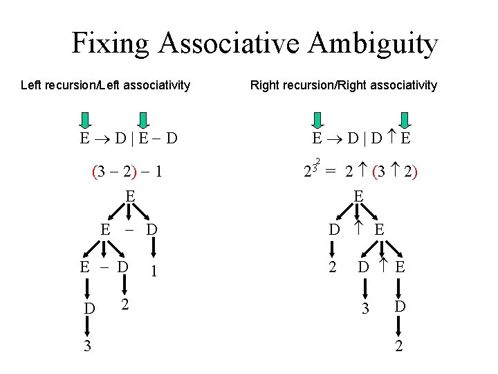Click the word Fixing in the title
pos(111,44)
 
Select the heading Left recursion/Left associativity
pos(105,85)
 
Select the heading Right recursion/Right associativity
pos(344,85)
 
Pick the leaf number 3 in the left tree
pos(87,346)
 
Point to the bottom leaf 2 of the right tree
pos(400,346)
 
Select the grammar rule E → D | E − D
pos(128,138)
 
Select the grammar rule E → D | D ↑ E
pos(361,138)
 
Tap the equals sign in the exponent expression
pos(332,171)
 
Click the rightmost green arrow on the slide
pos(405,119)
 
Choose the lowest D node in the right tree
pos(400,305)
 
